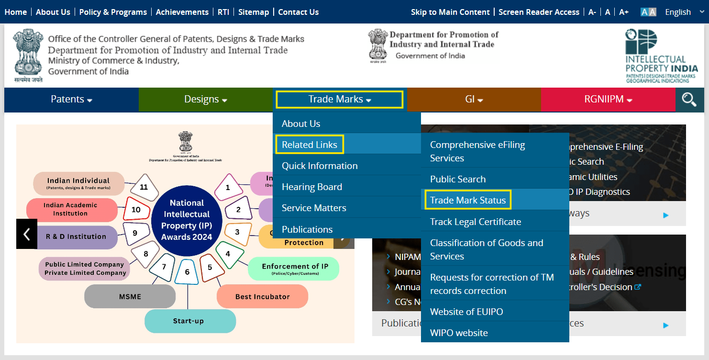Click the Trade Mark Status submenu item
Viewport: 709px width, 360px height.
click(x=467, y=200)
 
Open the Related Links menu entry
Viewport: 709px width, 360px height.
click(x=310, y=145)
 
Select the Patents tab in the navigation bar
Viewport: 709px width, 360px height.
click(x=71, y=99)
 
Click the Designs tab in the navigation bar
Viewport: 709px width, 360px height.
click(x=205, y=99)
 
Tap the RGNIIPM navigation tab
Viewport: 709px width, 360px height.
click(x=608, y=99)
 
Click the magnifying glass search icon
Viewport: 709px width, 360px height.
click(x=689, y=100)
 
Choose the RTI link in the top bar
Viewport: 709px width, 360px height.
click(x=223, y=12)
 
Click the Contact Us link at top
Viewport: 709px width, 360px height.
click(x=298, y=12)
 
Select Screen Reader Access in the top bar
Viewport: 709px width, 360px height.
click(x=539, y=12)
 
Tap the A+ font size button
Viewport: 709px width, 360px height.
click(x=623, y=12)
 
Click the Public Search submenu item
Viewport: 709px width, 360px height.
click(x=458, y=179)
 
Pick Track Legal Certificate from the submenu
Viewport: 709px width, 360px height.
click(x=476, y=222)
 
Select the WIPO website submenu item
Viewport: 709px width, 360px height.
click(x=459, y=333)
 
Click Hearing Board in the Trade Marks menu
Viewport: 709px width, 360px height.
click(x=312, y=187)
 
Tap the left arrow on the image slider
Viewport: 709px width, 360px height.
click(x=27, y=234)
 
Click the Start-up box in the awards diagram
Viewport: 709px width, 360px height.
click(x=190, y=321)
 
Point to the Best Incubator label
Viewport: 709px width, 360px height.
click(x=262, y=296)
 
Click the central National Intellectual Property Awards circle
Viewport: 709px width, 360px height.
click(x=187, y=220)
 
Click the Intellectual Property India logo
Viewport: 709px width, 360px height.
click(x=661, y=56)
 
